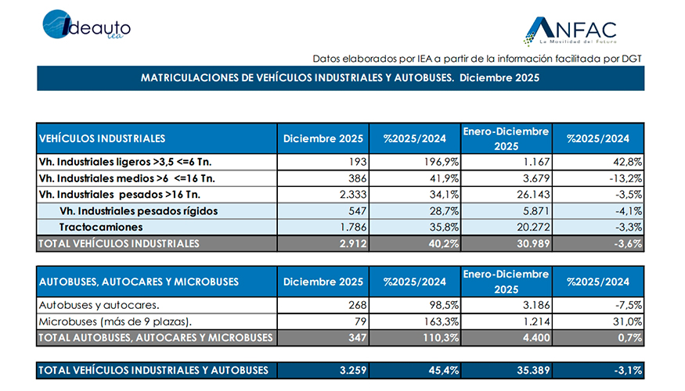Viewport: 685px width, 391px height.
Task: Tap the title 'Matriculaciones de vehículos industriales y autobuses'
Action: [340, 78]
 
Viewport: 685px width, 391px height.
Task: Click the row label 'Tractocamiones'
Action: [101, 227]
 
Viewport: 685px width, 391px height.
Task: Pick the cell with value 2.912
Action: [348, 243]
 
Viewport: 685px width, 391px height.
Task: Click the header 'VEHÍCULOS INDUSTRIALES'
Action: [103, 138]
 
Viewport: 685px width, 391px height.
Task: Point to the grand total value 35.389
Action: [533, 370]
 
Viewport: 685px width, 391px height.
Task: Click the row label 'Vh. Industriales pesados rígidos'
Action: [138, 211]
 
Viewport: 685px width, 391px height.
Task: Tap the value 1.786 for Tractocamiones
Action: [348, 227]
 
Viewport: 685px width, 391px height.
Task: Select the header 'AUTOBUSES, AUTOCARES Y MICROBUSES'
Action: [139, 282]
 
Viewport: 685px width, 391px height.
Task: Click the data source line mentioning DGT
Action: [477, 59]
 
